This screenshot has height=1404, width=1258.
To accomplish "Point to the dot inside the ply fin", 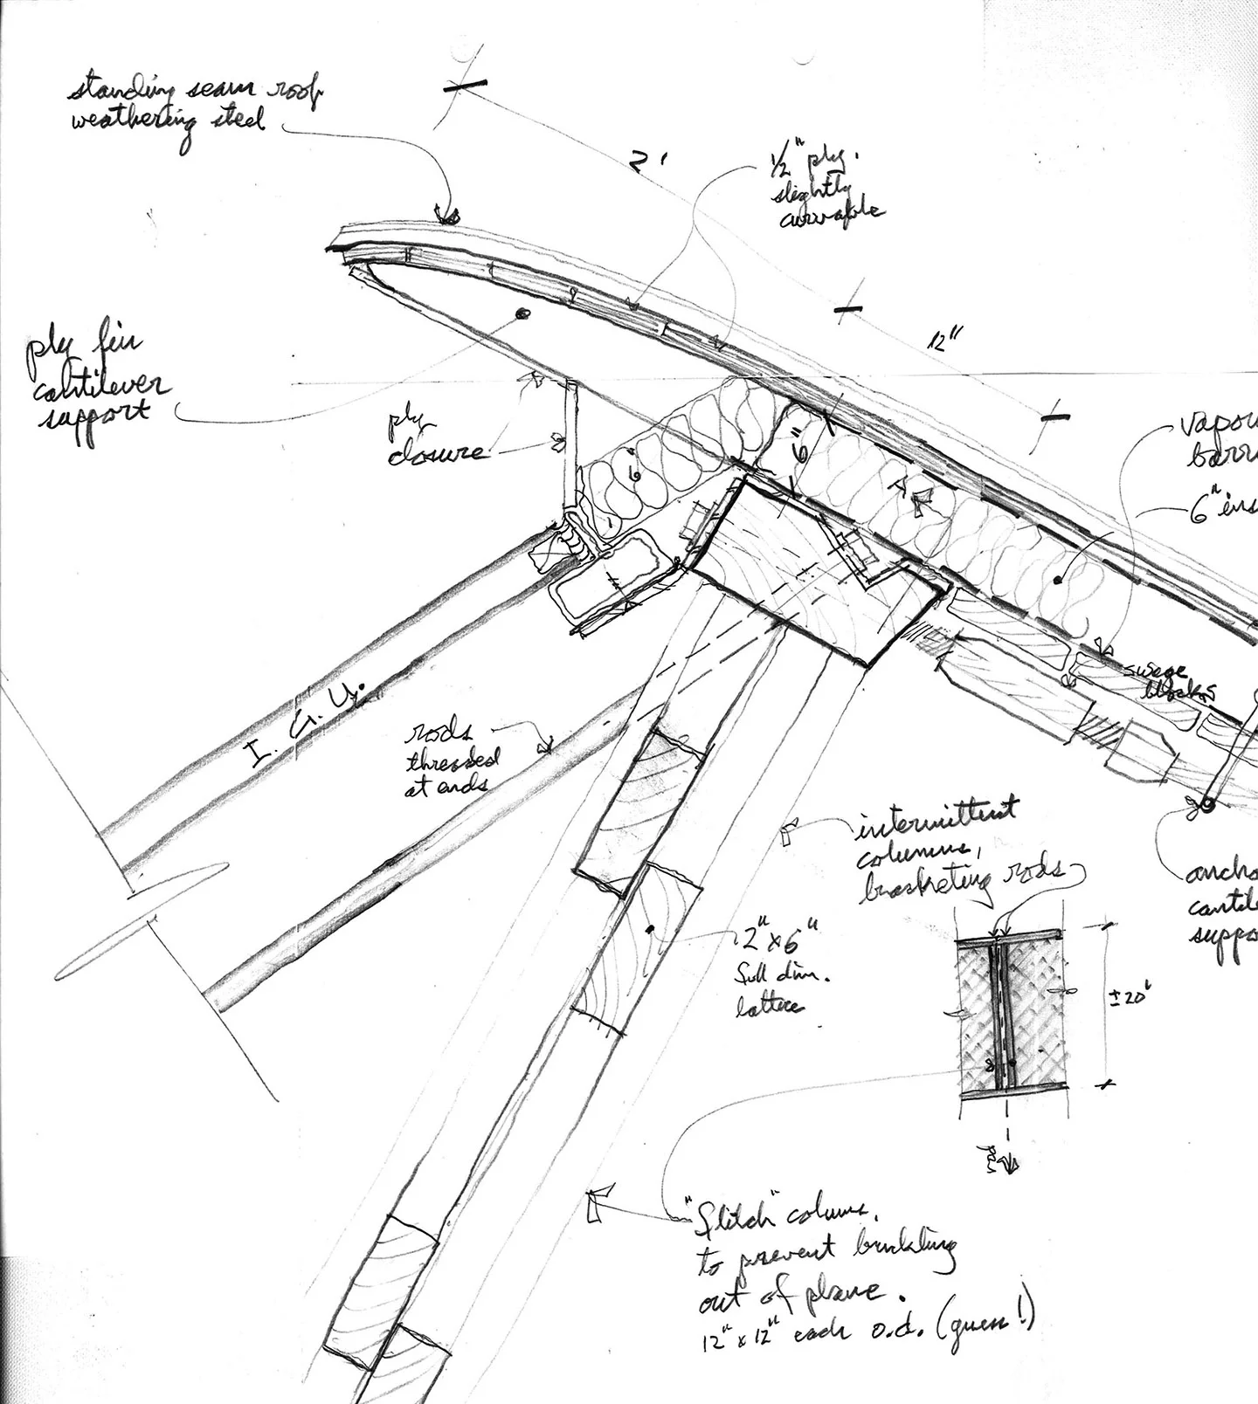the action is (x=523, y=314).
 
